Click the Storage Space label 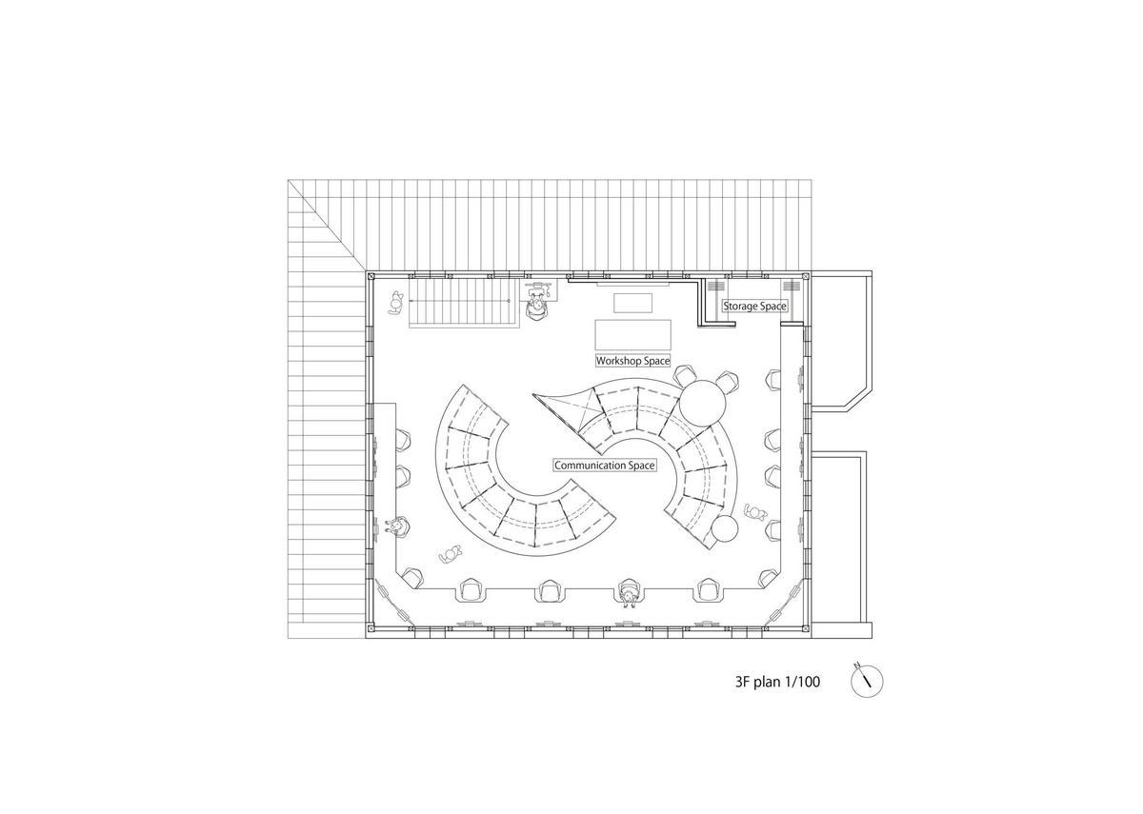[x=754, y=306]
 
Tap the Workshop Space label [x=632, y=361]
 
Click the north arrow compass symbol [x=867, y=680]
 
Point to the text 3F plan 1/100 [x=777, y=682]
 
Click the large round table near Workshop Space [x=702, y=400]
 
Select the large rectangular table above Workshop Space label [x=633, y=335]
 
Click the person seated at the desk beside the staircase [x=538, y=302]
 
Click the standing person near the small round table [x=756, y=512]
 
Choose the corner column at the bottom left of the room [x=370, y=628]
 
